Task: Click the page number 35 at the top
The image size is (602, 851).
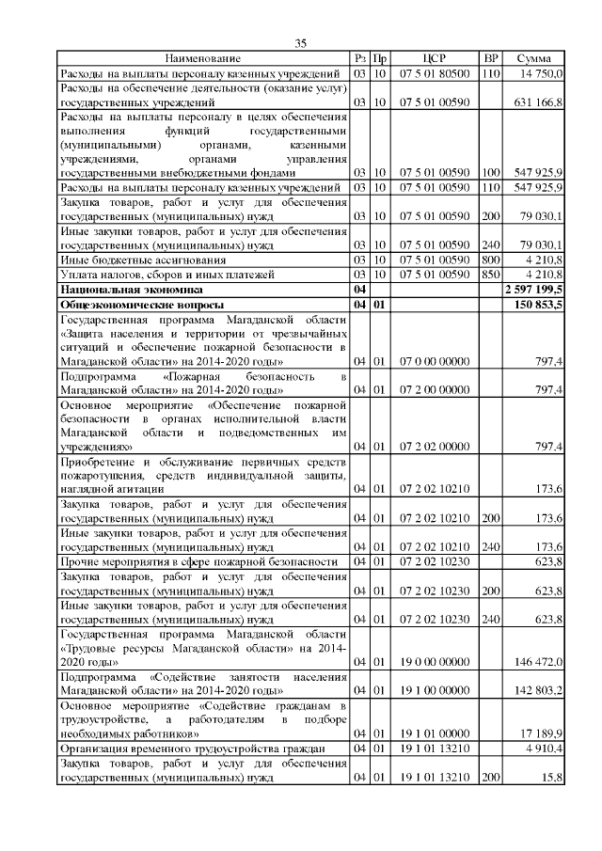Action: coord(301,42)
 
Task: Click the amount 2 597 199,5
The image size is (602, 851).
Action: coord(534,292)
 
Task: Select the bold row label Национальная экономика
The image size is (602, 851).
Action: coord(119,292)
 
